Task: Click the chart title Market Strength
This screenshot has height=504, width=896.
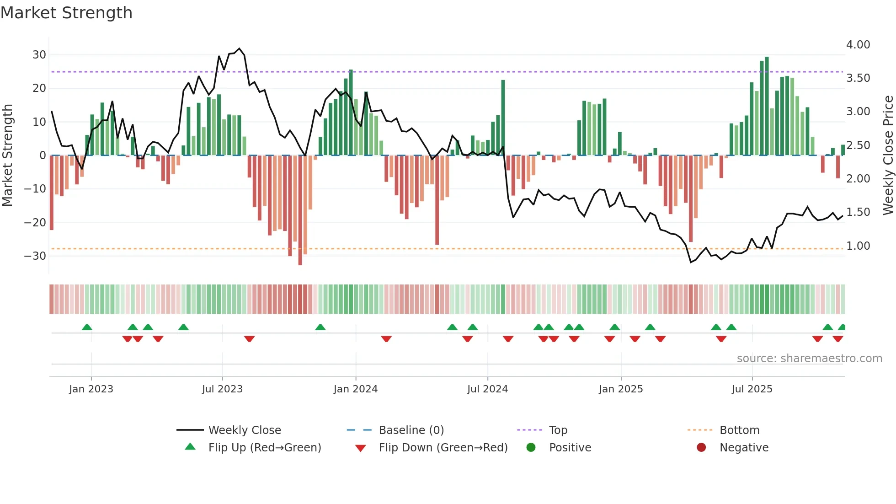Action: (67, 13)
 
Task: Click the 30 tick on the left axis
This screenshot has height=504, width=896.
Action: (39, 55)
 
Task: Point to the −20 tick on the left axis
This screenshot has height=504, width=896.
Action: (35, 223)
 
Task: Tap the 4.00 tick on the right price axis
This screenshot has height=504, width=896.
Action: (858, 45)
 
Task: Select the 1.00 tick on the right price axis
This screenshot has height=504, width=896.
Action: (858, 246)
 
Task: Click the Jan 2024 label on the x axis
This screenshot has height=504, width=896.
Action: (356, 389)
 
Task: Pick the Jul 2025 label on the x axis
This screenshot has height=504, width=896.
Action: (752, 389)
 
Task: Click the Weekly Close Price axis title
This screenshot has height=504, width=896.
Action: (888, 155)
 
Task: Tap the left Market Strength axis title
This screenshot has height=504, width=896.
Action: (7, 155)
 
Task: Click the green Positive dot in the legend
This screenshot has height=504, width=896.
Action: (531, 447)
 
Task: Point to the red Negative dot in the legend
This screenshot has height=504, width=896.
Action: (701, 447)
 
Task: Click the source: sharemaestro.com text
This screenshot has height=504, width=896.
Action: (809, 359)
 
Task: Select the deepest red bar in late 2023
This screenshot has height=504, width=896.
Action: (300, 210)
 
